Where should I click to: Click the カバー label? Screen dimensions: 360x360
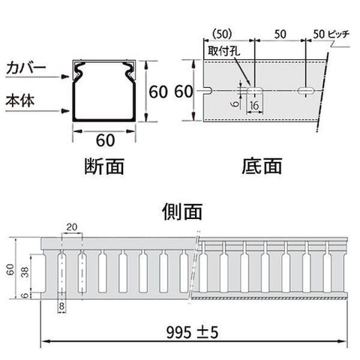point(26,67)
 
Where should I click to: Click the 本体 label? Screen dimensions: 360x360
point(20,100)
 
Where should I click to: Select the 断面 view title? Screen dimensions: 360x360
point(104,166)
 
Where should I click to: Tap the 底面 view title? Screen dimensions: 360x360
point(262,166)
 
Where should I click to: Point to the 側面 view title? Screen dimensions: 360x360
point(182,211)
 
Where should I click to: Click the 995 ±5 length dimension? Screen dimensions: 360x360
point(192,332)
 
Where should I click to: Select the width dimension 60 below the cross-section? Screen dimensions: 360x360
point(106,140)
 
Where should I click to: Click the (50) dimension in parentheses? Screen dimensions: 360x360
point(222,34)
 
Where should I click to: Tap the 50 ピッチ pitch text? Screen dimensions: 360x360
point(331,34)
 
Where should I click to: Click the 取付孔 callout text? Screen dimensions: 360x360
point(224,51)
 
